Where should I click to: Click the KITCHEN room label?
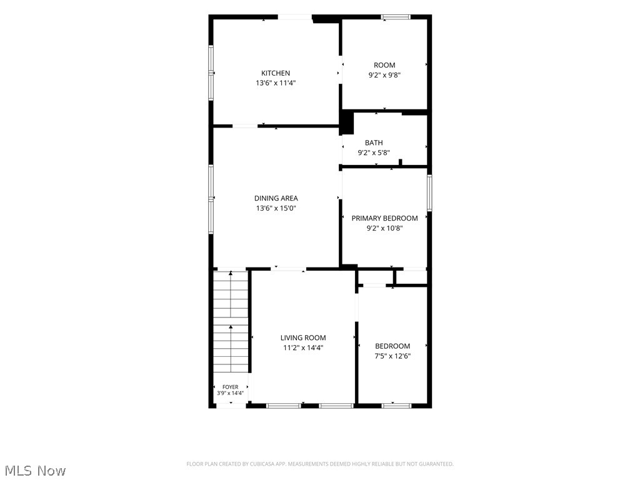pyautogui.click(x=276, y=73)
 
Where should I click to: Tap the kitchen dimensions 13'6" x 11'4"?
pyautogui.click(x=276, y=83)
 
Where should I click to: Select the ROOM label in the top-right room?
pyautogui.click(x=384, y=65)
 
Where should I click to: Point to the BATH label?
pyautogui.click(x=374, y=142)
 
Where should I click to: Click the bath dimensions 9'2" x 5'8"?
pyautogui.click(x=374, y=152)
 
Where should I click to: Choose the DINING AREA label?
pyautogui.click(x=276, y=198)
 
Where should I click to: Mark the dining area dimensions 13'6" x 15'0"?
pyautogui.click(x=276, y=208)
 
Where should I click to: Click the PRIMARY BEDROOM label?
pyautogui.click(x=384, y=218)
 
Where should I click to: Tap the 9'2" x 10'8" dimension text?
pyautogui.click(x=384, y=228)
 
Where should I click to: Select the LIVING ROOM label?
pyautogui.click(x=303, y=337)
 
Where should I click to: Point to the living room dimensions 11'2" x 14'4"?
pyautogui.click(x=303, y=347)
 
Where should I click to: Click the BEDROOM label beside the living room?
pyautogui.click(x=392, y=346)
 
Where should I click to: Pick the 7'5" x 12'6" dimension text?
pyautogui.click(x=392, y=356)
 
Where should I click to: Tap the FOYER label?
pyautogui.click(x=230, y=387)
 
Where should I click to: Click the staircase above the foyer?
pyautogui.click(x=231, y=321)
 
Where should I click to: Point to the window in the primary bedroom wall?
pyautogui.click(x=429, y=192)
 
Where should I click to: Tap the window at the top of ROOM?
pyautogui.click(x=396, y=17)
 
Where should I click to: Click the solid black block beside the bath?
pyautogui.click(x=346, y=122)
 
